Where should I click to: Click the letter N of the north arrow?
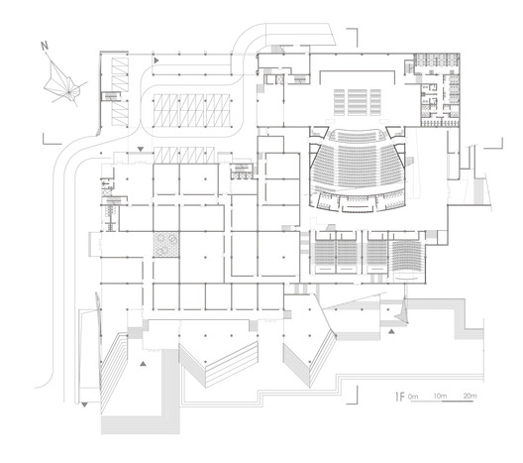[45, 46]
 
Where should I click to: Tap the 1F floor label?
[399, 397]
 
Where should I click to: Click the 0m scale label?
[413, 397]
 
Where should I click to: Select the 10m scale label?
[440, 396]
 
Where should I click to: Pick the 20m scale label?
[470, 396]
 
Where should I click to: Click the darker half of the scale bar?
[458, 401]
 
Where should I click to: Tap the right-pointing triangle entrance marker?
[157, 60]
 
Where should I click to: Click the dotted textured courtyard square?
[166, 244]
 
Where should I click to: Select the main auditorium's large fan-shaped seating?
[357, 164]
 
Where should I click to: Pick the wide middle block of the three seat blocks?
[358, 102]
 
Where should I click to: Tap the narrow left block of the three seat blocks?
[339, 102]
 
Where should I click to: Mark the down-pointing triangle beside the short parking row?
[141, 149]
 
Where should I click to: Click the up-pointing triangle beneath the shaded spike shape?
[391, 331]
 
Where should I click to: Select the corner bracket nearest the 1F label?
[353, 395]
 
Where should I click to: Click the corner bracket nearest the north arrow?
[52, 139]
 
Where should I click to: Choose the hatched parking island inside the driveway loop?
[192, 110]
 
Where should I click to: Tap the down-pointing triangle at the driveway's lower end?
[84, 405]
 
